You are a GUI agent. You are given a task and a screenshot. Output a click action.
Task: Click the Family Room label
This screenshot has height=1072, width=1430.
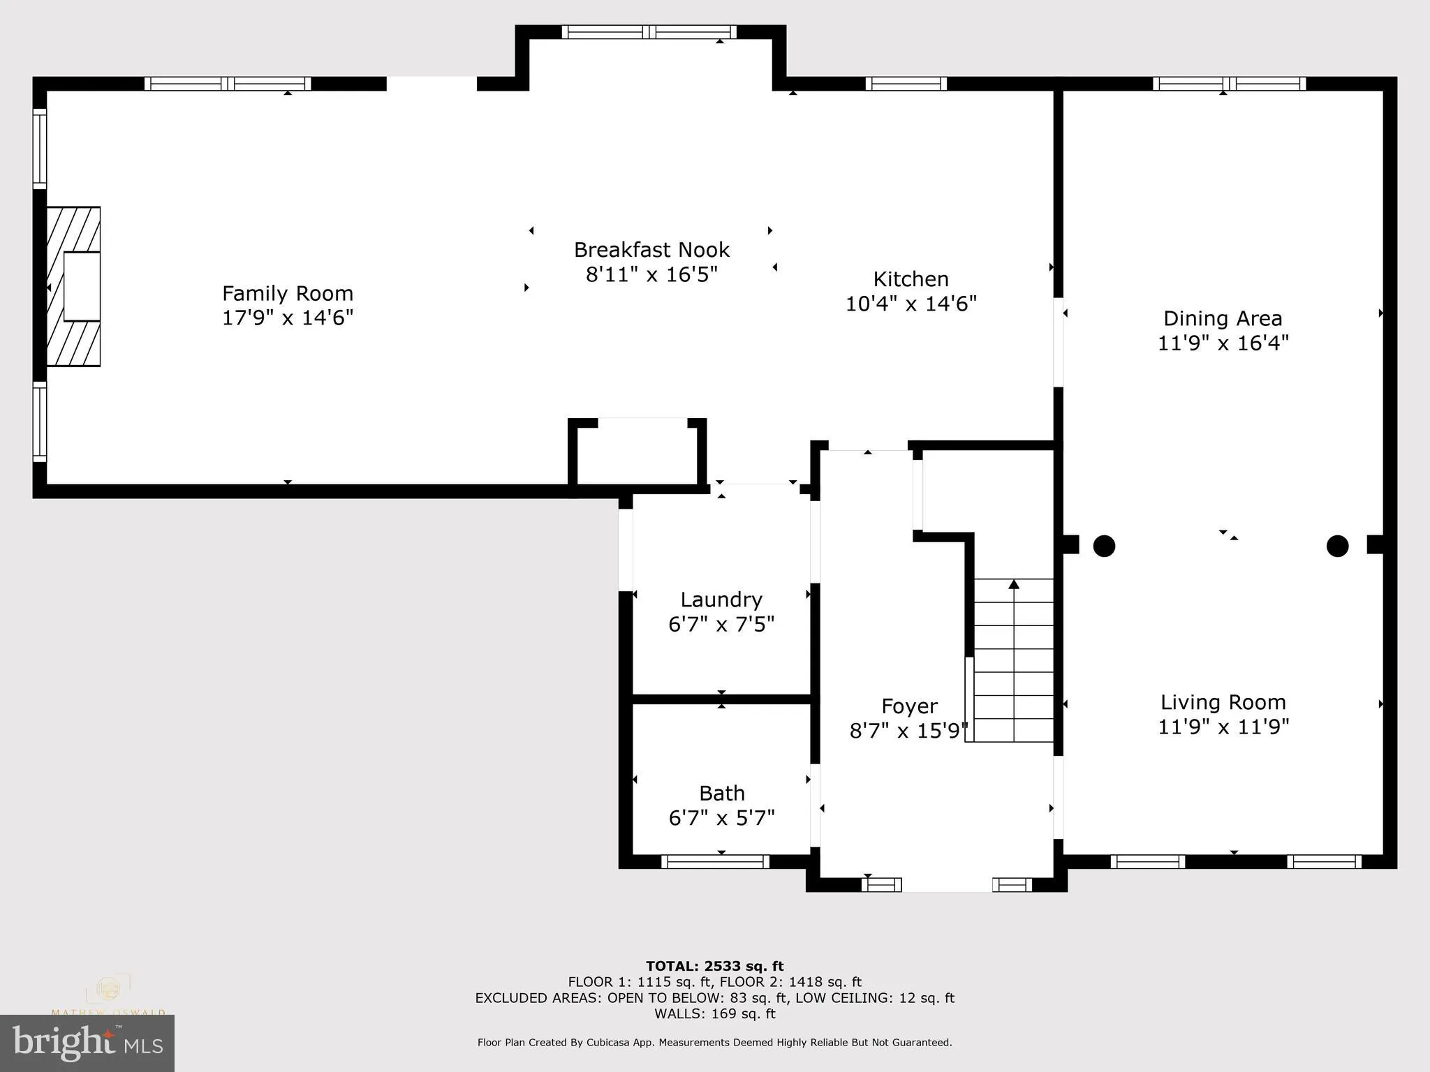pos(288,293)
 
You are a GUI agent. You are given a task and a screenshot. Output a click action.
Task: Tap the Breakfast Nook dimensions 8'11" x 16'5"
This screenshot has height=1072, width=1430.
pos(651,274)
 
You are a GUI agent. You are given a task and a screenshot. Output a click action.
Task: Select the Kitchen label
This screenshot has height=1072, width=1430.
pos(911,279)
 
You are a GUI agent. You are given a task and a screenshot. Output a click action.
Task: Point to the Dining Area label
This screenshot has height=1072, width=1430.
pos(1223,319)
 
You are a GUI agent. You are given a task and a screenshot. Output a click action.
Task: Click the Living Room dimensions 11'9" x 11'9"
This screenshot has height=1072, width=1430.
pos(1223,727)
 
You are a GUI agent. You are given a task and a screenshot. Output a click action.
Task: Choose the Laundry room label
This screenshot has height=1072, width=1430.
pos(721,600)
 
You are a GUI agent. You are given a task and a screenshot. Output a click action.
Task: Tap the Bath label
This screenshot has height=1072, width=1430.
pos(721,793)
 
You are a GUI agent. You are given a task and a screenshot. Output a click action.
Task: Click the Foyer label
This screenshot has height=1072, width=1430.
pos(908,706)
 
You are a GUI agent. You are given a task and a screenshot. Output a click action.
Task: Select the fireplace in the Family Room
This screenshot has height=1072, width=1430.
pos(74,286)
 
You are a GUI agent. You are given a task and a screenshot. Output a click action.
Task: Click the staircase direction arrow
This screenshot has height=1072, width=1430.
pos(1014,585)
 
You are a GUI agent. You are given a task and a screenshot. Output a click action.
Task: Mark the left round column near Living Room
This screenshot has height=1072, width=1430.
pos(1103,546)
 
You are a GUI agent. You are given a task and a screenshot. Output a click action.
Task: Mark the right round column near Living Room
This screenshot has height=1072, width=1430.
pos(1336,546)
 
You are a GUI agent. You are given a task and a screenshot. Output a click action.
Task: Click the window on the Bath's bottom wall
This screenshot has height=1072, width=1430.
pos(715,862)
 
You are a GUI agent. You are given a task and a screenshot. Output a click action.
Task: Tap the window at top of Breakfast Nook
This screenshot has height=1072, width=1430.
pos(649,32)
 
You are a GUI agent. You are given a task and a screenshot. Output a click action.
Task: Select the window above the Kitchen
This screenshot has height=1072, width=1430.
pos(906,84)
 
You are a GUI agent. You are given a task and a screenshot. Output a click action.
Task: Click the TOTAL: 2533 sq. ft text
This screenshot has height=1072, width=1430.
pos(714,966)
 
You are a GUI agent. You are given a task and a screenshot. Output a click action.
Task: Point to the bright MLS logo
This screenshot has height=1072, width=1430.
pos(87,1043)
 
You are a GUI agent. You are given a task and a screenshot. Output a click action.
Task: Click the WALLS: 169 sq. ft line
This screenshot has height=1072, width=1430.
pos(714,1013)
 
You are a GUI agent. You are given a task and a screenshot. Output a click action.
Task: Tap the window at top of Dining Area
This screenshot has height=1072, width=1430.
pos(1229,84)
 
